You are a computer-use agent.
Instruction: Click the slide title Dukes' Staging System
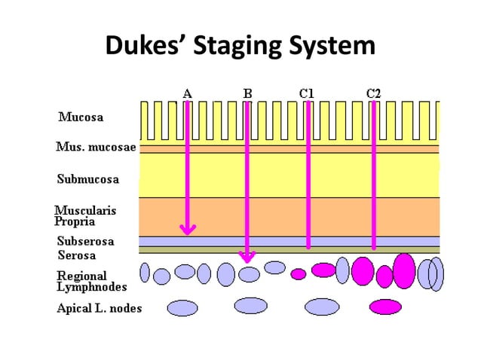[240, 46]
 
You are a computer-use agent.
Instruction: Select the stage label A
[187, 93]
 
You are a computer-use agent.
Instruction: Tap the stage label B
[247, 93]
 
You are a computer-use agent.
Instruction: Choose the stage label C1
[307, 93]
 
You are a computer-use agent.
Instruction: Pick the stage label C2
[373, 93]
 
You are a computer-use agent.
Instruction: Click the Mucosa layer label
[81, 117]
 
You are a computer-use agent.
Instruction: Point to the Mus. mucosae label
[96, 147]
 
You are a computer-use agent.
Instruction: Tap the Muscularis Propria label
[85, 216]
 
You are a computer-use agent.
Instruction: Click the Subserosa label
[86, 241]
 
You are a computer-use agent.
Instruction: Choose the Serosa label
[77, 255]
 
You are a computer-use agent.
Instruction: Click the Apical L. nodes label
[100, 308]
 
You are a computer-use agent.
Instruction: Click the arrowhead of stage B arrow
[247, 258]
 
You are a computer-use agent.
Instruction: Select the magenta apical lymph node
[385, 307]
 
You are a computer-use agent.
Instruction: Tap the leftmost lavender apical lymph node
[182, 307]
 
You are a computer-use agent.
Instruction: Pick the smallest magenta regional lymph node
[299, 274]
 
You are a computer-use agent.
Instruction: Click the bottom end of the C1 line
[308, 246]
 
